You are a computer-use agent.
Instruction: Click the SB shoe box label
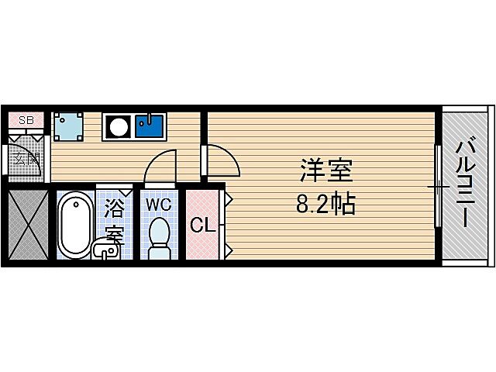(26, 120)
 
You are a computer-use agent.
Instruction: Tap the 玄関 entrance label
(27, 160)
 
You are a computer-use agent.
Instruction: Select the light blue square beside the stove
(68, 126)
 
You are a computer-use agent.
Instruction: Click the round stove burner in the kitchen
(119, 126)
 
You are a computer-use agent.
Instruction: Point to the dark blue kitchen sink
(149, 126)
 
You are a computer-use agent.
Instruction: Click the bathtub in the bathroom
(74, 226)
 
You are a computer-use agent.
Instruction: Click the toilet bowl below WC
(160, 236)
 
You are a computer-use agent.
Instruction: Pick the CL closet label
(203, 226)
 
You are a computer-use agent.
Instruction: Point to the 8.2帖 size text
(325, 205)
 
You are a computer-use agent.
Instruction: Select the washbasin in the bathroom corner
(105, 250)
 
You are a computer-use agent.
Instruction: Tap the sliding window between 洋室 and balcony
(438, 187)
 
